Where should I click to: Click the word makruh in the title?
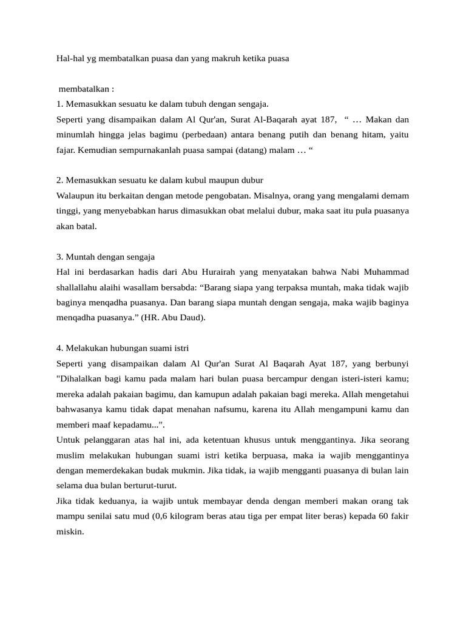(x=226, y=59)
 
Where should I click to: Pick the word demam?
(x=396, y=196)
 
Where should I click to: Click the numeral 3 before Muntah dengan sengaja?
(x=58, y=257)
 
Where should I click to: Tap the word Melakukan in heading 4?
(x=86, y=349)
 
